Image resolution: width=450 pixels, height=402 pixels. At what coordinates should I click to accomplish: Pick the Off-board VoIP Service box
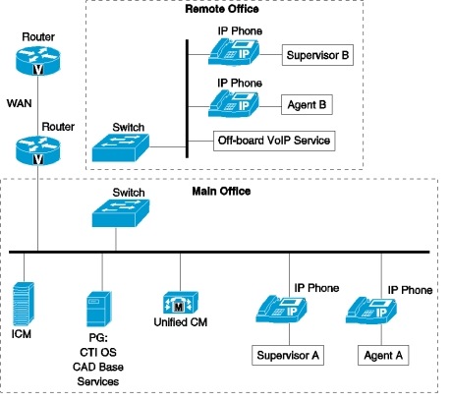click(x=274, y=142)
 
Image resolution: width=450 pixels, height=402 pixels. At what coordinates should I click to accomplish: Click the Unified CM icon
click(x=179, y=302)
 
